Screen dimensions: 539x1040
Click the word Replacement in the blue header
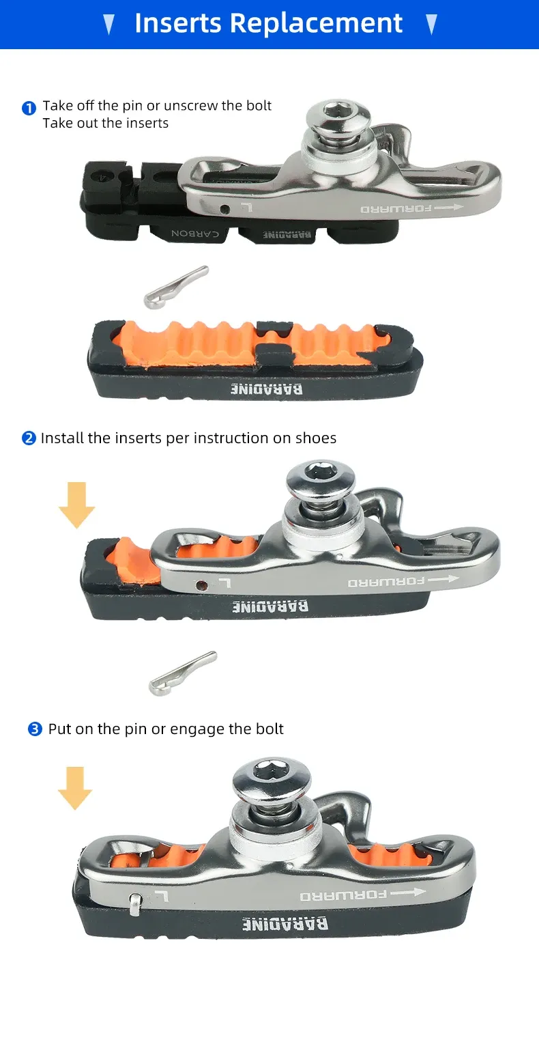click(317, 23)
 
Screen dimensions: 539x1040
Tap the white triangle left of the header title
click(108, 24)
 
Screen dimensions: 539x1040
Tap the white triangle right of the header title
click(431, 24)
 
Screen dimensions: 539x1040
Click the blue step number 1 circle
click(29, 108)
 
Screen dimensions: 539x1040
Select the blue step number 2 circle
click(29, 438)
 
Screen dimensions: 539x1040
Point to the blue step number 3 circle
click(35, 729)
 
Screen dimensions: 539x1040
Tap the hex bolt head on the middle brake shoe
click(321, 479)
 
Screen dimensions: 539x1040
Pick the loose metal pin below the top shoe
click(175, 287)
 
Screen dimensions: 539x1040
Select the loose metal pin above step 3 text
click(182, 673)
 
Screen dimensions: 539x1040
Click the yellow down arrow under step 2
click(76, 505)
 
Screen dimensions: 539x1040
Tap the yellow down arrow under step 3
click(75, 788)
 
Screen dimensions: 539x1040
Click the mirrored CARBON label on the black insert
click(195, 233)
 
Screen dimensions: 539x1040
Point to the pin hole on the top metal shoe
click(224, 210)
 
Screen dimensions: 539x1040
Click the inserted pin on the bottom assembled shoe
click(135, 903)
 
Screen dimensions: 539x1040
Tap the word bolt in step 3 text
click(269, 729)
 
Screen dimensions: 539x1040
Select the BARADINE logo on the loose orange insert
click(267, 389)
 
